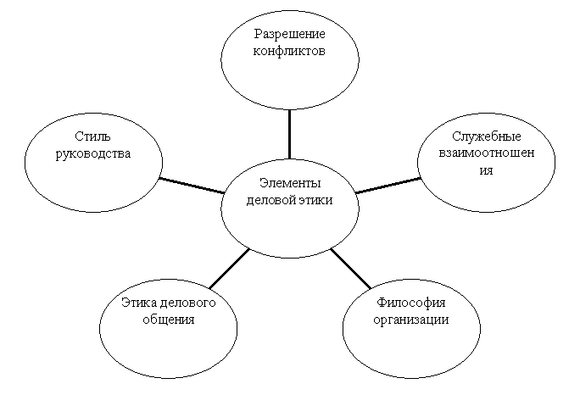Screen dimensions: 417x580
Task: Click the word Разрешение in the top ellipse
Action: pos(290,34)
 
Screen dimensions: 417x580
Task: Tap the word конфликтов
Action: pos(290,50)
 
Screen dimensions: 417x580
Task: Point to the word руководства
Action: pos(92,153)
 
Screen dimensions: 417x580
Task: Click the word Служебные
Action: pos(486,136)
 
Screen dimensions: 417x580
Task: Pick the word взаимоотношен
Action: pos(486,153)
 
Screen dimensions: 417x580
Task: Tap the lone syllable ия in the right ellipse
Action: pos(486,170)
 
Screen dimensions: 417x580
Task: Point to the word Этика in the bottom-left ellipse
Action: pos(138,303)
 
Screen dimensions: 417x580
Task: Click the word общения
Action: pos(168,320)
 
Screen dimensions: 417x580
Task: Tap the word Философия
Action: pos(410,303)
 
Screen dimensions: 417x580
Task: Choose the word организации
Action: pos(410,320)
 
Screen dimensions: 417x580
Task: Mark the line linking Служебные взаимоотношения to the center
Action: pos(388,185)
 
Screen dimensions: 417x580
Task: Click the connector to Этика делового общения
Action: pos(228,269)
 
